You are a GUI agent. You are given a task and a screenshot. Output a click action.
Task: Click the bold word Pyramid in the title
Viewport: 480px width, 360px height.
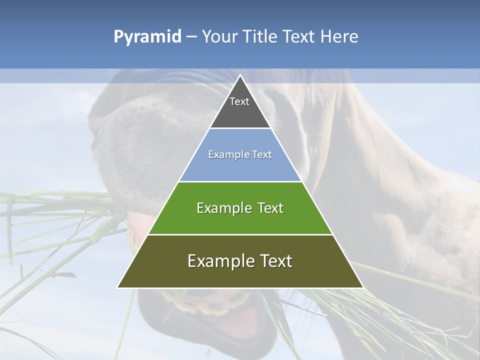147,37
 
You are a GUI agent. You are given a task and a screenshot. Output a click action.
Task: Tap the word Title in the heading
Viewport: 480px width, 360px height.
261,37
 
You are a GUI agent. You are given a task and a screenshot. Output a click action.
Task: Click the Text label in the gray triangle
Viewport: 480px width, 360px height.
239,101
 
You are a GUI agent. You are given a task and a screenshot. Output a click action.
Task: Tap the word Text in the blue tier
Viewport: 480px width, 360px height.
262,155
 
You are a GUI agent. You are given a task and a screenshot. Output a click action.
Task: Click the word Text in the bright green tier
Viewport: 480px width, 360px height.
270,208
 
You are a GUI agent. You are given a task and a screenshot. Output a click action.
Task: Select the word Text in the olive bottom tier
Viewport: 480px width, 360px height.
274,261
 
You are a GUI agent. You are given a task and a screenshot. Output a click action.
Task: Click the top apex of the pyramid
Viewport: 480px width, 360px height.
240,76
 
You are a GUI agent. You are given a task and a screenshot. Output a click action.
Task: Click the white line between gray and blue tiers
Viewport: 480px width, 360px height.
240,128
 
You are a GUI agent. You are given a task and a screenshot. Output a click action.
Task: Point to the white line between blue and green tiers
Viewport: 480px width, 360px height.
240,181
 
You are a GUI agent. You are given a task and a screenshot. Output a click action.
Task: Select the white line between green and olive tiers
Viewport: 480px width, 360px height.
240,234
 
